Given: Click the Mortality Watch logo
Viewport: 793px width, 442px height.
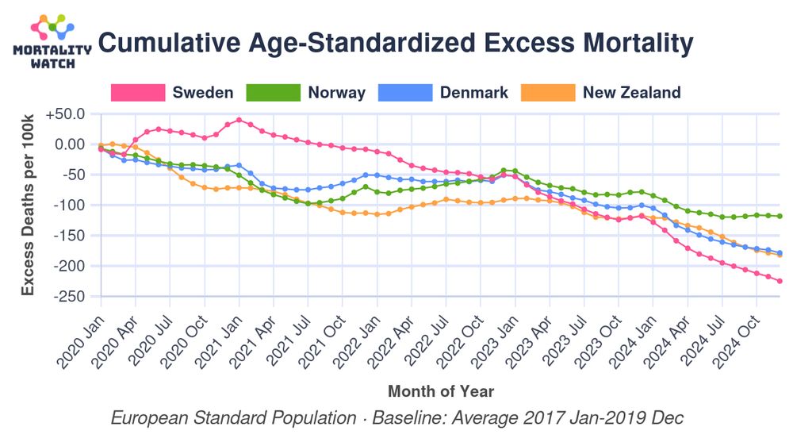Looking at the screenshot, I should click(x=52, y=40).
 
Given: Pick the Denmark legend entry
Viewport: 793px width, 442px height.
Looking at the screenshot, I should click(x=444, y=92).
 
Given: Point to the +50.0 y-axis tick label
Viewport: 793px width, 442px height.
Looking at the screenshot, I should click(x=65, y=113).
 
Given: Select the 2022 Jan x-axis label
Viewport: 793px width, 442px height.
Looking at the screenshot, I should click(x=354, y=330).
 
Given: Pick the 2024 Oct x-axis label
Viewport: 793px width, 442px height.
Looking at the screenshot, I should click(x=733, y=330).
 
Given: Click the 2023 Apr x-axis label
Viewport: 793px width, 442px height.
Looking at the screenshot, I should click(x=527, y=330).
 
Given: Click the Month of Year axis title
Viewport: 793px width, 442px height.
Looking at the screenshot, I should click(x=441, y=391).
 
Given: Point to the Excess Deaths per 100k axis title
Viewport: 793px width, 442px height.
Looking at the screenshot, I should click(x=29, y=205).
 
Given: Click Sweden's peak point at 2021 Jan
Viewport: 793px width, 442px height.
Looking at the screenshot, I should click(x=239, y=120).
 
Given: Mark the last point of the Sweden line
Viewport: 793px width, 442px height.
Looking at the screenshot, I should click(x=780, y=281).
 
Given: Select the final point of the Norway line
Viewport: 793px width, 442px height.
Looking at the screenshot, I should click(x=780, y=216).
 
